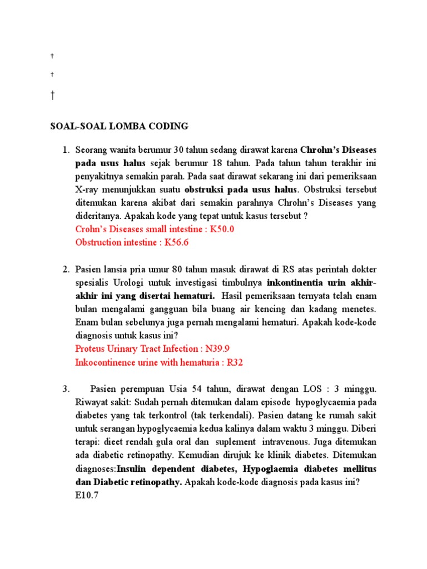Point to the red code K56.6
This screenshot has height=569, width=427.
pos(177,242)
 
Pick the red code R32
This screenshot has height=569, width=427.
pos(234,362)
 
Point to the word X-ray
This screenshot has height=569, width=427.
pos(87,190)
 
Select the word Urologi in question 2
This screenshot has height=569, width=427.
pos(130,282)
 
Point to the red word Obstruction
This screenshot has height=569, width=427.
pos(98,242)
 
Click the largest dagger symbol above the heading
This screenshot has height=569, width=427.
pos(52,95)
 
